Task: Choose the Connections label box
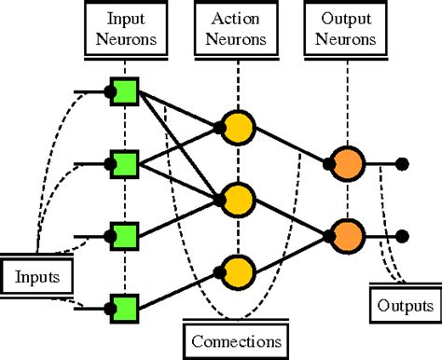[237, 340]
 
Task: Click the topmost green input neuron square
[124, 92]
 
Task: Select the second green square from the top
[124, 164]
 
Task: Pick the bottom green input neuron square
[124, 305]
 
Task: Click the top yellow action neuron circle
[237, 128]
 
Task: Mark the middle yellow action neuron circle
[237, 199]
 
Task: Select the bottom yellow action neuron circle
[237, 269]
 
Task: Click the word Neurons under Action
[238, 40]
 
